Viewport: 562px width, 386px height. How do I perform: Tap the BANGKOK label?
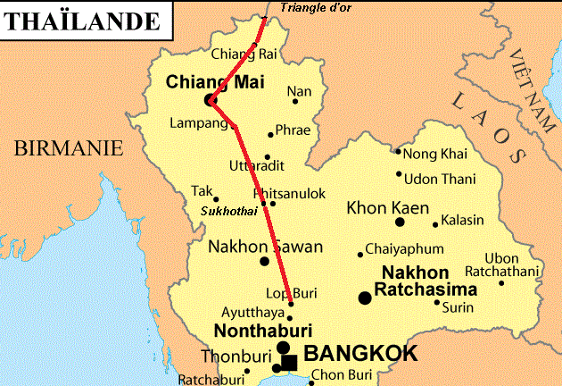360,354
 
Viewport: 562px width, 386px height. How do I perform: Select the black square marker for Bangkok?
289,362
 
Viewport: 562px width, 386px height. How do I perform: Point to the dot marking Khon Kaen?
400,222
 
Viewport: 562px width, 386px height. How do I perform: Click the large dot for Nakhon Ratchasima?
365,298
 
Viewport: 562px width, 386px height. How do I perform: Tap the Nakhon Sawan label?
252,246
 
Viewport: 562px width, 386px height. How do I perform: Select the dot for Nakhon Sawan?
264,261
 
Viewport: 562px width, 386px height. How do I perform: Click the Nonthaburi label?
260,331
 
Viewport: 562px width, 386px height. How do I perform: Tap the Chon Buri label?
341,376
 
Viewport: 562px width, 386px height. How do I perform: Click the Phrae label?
293,130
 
